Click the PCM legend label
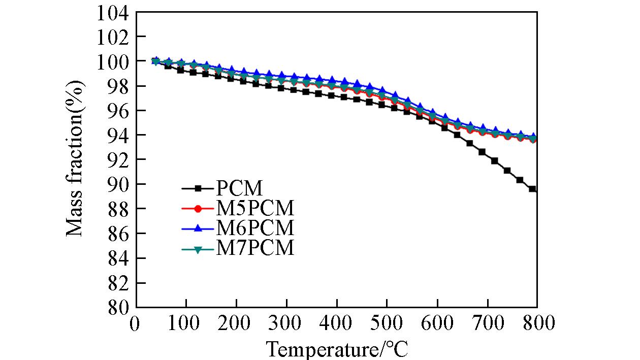[x=239, y=189]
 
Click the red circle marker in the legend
[x=199, y=209]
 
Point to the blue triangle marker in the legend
[x=199, y=228]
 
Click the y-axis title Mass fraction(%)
[x=75, y=158]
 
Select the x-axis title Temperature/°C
[x=337, y=349]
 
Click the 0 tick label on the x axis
[x=135, y=323]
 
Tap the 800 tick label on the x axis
[x=536, y=323]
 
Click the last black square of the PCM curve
[x=532, y=189]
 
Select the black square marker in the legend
[x=199, y=189]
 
